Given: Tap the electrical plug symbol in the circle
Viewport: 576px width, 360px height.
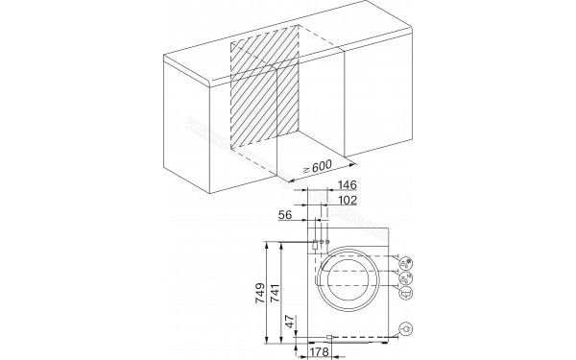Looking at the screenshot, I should click(408, 329).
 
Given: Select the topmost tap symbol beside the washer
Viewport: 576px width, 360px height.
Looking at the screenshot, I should click(406, 260).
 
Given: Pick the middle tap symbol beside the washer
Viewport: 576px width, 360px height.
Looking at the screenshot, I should click(406, 276).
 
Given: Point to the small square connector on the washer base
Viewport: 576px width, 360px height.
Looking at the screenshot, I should click(328, 337).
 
